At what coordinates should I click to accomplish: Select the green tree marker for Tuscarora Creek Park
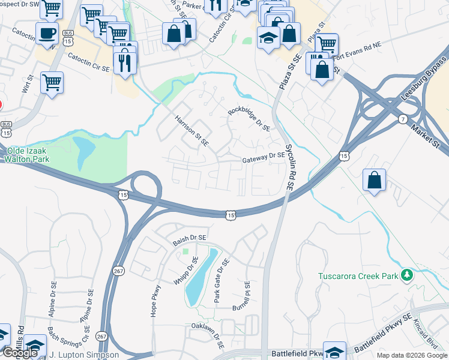click(x=408, y=275)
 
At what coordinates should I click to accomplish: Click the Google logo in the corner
click(x=19, y=353)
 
